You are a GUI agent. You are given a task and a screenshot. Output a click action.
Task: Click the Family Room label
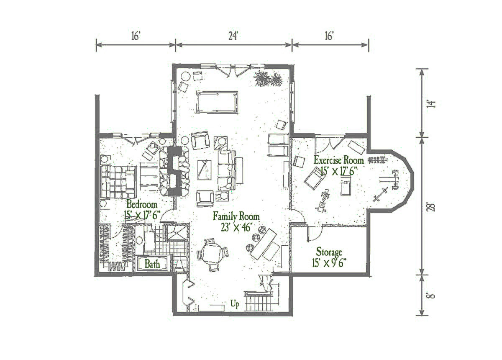point(236,216)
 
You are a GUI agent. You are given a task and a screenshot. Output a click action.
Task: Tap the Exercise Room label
point(338,161)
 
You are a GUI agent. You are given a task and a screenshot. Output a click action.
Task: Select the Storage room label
point(329,252)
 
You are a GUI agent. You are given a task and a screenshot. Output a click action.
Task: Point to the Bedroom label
point(142,204)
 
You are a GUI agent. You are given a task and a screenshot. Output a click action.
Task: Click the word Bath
point(152,264)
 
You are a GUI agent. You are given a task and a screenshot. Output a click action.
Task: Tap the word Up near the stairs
point(235,304)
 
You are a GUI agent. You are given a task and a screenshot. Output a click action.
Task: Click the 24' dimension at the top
point(233,36)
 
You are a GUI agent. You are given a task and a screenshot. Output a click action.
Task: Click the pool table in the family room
point(217,102)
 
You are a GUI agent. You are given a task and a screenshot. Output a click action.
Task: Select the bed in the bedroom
point(119,182)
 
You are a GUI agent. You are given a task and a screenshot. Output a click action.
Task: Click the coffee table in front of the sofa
point(205,170)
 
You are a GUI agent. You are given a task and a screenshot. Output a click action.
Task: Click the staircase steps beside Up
point(258,303)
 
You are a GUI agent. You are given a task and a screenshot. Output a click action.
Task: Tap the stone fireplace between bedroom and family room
point(174,172)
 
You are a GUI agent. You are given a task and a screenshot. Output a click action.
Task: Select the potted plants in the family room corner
point(268,79)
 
